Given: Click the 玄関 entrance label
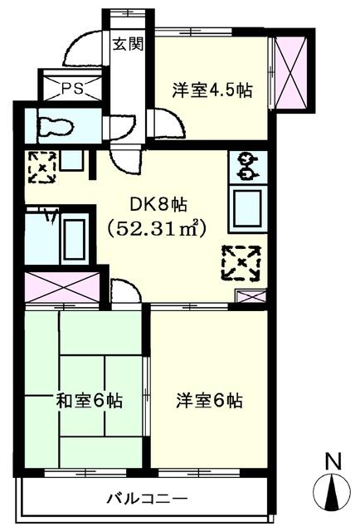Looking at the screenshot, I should point(128,44).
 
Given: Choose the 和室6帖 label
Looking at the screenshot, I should point(89,401).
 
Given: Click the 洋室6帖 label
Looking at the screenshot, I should point(209,401).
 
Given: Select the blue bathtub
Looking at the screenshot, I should point(74,240).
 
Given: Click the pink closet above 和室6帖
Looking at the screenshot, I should point(62,287).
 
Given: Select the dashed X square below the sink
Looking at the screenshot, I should point(241,264).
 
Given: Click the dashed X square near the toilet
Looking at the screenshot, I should point(41,166).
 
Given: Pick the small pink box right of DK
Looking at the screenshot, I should point(247,296).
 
